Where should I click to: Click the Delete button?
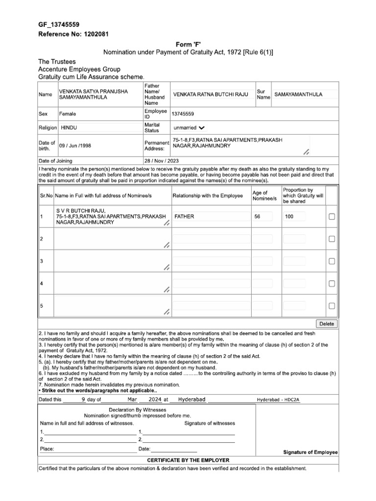tap(327, 323)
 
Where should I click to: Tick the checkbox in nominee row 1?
tap(332, 216)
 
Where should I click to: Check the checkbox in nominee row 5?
tap(332, 306)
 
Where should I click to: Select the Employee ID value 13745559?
tap(182, 114)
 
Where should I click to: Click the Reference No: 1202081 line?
tap(73, 34)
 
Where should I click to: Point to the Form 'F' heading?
tap(188, 44)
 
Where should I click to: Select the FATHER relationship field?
tap(185, 216)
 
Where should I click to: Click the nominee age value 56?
tap(258, 216)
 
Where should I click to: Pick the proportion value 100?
tap(289, 216)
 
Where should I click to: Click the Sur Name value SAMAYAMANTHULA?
tap(298, 94)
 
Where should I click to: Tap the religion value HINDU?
tap(69, 128)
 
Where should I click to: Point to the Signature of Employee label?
tap(310, 452)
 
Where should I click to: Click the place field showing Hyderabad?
tap(191, 399)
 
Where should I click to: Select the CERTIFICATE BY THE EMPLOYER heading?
tap(188, 460)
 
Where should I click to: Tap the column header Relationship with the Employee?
tap(208, 196)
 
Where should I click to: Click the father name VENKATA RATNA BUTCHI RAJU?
tap(211, 94)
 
